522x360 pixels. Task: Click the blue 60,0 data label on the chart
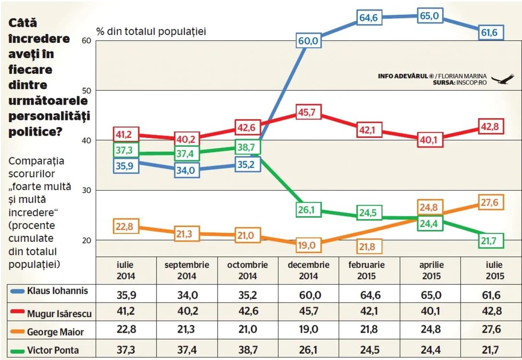[x=308, y=41]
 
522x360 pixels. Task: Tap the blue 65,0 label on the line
[x=430, y=16]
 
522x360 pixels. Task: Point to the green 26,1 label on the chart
[x=308, y=210]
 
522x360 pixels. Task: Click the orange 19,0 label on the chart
[x=308, y=246]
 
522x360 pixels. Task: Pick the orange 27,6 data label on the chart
[x=491, y=202]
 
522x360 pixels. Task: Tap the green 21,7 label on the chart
[x=491, y=240]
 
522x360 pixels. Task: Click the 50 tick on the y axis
[x=86, y=91]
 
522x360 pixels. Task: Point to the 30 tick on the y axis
[x=86, y=190]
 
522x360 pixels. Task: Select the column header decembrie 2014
[x=309, y=270]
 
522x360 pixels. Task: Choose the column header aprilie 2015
[x=431, y=270]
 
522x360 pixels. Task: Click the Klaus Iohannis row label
[x=58, y=291]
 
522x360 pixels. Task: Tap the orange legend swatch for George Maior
[x=17, y=332]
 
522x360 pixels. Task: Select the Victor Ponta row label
[x=53, y=350]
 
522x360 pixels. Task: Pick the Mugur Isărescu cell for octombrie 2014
[x=248, y=311]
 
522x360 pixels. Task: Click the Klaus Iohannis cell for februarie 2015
[x=370, y=295]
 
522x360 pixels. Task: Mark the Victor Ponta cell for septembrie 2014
[x=187, y=350]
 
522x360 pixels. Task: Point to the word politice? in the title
[x=36, y=132]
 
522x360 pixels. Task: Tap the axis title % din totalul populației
[x=151, y=32]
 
